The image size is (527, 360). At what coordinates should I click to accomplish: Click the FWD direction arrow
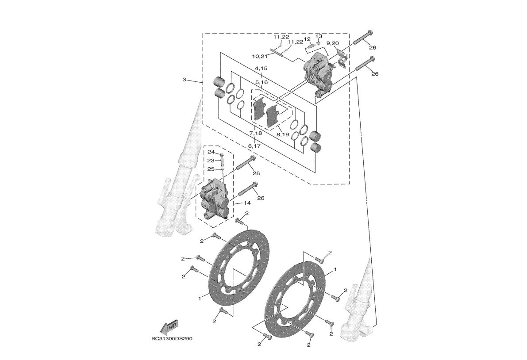tap(169, 326)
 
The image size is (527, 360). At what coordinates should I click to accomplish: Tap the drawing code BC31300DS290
tap(172, 338)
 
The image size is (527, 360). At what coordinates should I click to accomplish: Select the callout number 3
tap(184, 80)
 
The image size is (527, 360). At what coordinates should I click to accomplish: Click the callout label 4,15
tap(261, 68)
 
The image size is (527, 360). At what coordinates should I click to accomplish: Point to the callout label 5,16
tap(261, 82)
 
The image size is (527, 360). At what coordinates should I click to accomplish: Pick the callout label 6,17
tap(254, 146)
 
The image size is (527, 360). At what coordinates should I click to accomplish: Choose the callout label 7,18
tap(255, 133)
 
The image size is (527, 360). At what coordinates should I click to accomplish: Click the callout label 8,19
tap(283, 134)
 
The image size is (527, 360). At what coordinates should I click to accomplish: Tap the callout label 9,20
tap(332, 43)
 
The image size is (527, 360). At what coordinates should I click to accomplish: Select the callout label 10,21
tap(260, 56)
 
